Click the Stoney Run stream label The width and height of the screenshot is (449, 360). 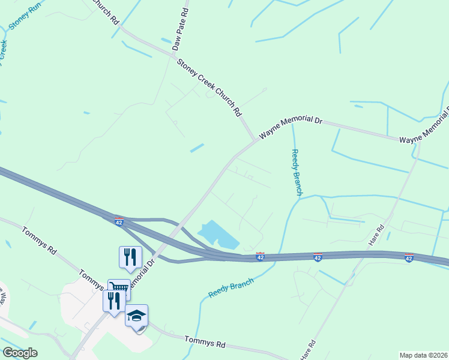pyautogui.click(x=23, y=19)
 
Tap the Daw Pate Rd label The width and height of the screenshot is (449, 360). pyautogui.click(x=181, y=30)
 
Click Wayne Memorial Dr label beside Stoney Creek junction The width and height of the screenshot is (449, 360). pyautogui.click(x=291, y=127)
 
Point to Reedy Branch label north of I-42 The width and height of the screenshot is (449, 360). pyautogui.click(x=296, y=172)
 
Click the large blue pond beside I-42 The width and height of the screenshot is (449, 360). pyautogui.click(x=217, y=235)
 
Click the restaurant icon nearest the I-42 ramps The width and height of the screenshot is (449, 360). pyautogui.click(x=130, y=257)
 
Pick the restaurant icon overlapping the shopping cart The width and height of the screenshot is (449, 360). pyautogui.click(x=113, y=300)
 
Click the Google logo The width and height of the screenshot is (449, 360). pyautogui.click(x=20, y=353)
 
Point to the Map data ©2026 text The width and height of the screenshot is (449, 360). pyautogui.click(x=423, y=355)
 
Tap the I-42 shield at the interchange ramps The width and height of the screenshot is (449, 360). pyautogui.click(x=119, y=221)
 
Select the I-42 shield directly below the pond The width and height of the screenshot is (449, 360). pyautogui.click(x=260, y=257)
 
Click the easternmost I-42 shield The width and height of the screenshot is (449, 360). pyautogui.click(x=409, y=258)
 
